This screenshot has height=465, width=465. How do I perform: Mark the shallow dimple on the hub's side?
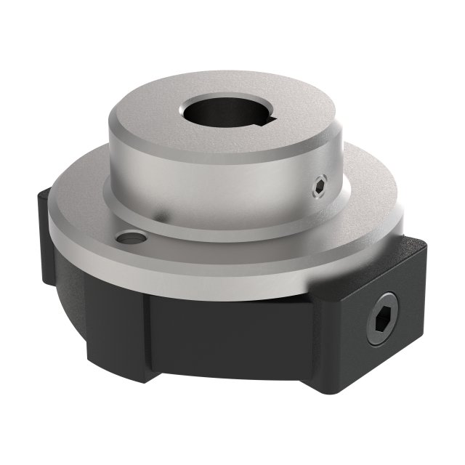coord(159,216)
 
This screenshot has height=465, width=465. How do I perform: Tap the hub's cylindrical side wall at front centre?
coord(218,189)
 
